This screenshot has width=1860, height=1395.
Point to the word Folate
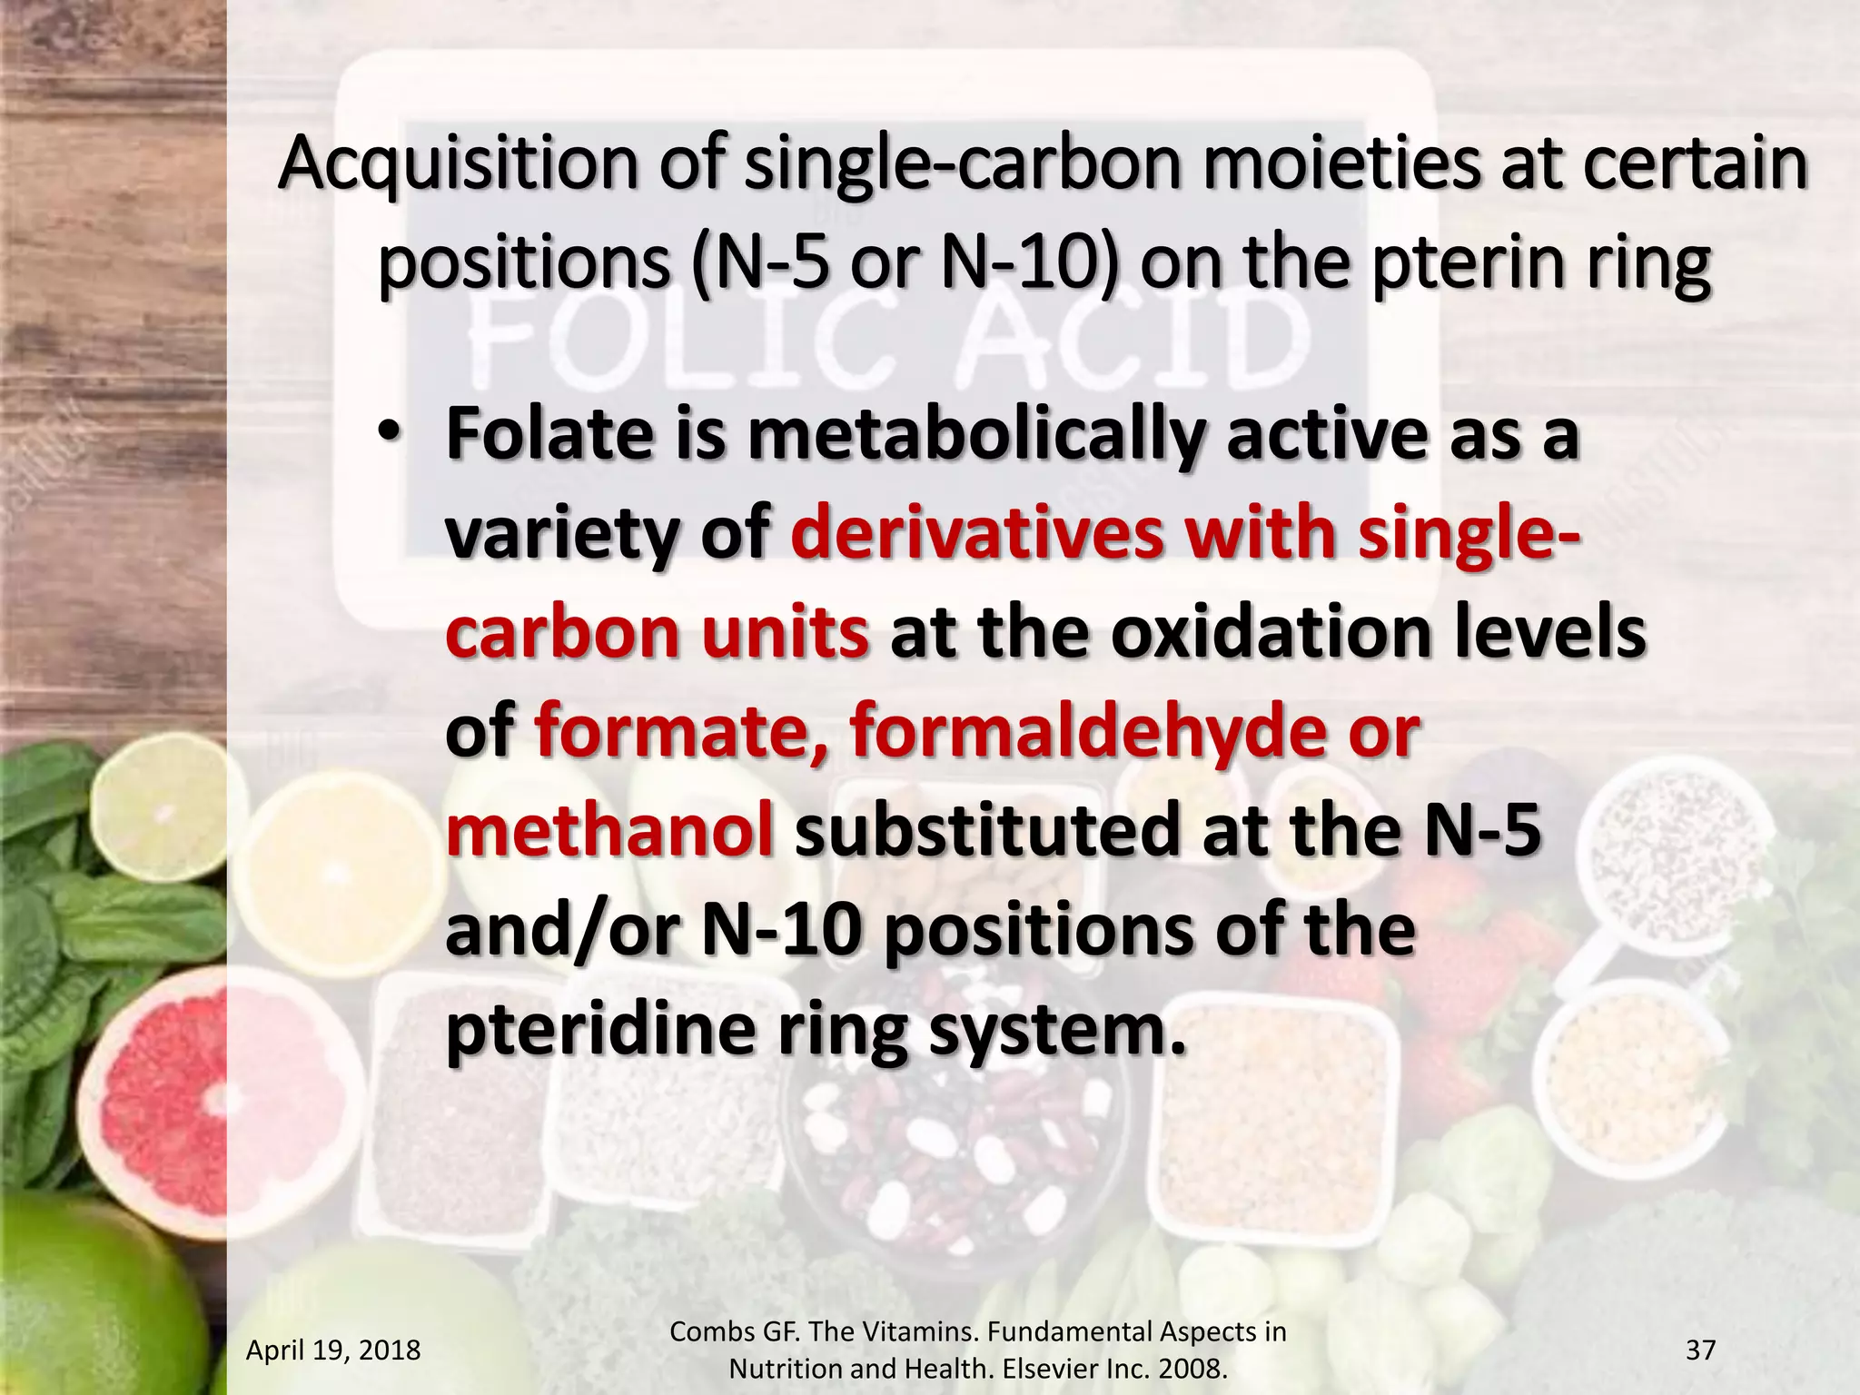coord(549,434)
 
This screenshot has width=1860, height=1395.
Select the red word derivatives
coord(977,533)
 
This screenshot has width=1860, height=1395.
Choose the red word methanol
coord(609,828)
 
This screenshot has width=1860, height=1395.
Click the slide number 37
coord(1700,1350)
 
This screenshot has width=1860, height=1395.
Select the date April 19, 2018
coord(333,1350)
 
